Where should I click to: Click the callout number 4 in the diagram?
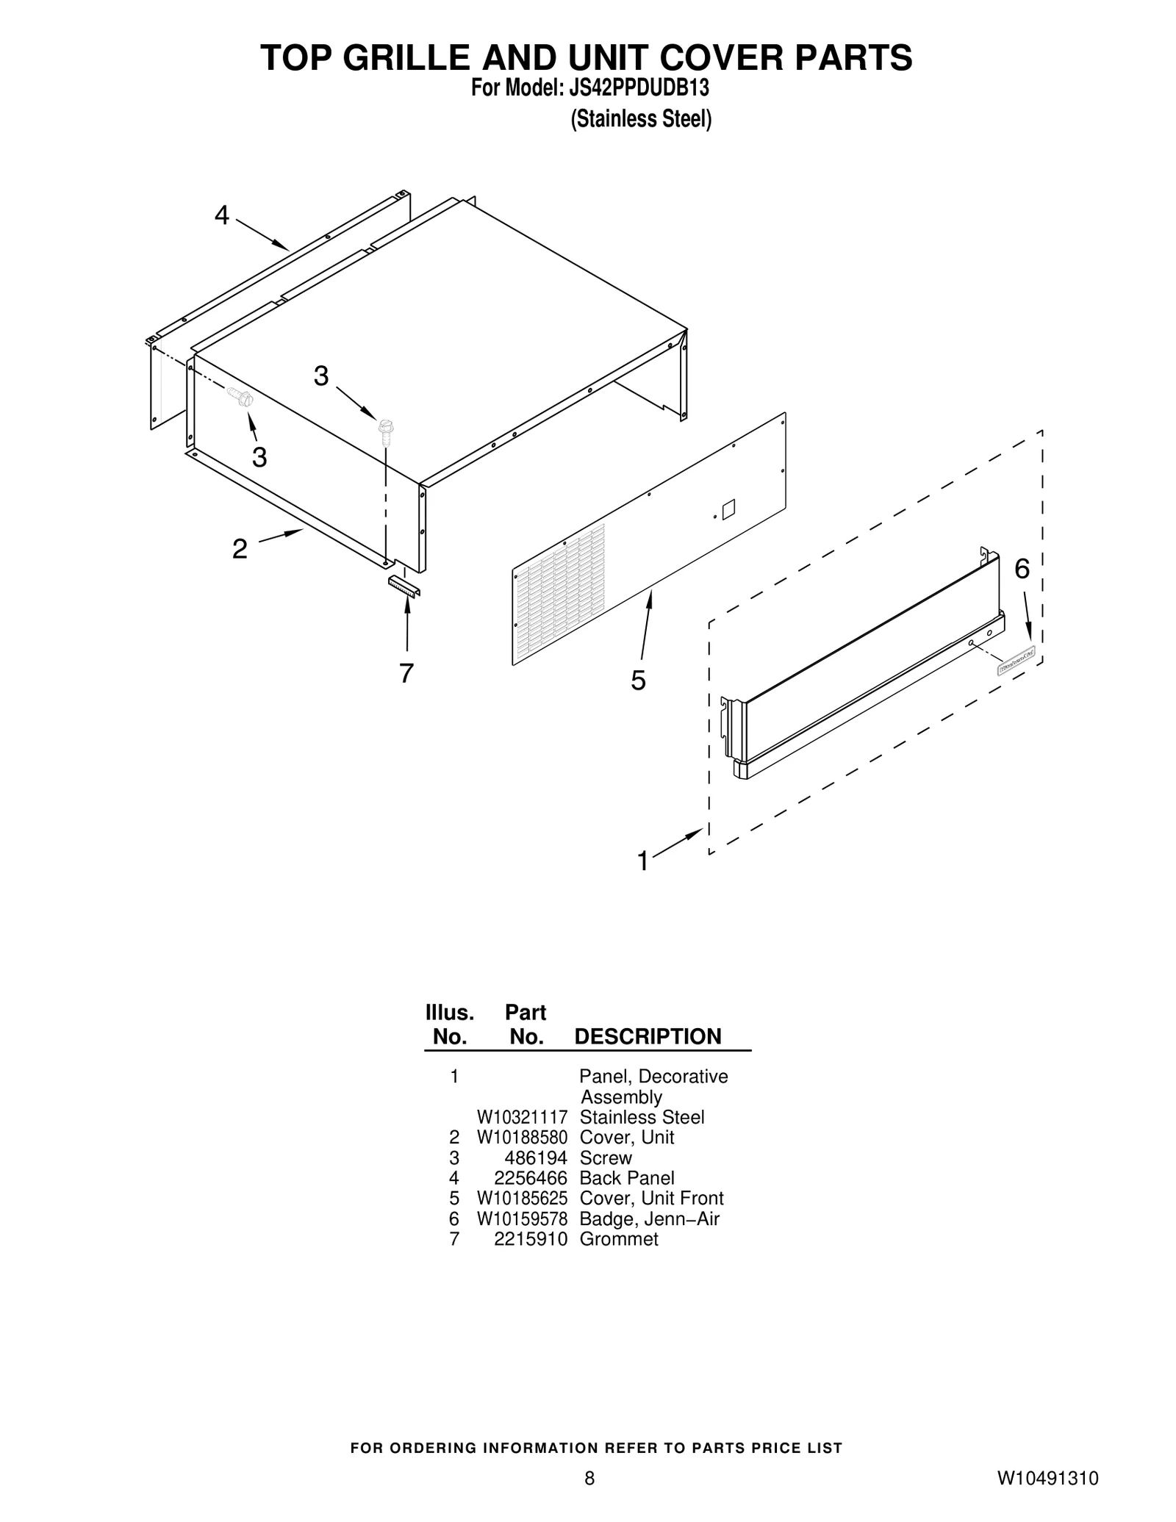point(221,215)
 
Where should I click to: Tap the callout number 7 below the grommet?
point(406,672)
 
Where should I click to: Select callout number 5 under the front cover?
point(638,681)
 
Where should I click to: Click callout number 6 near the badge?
point(1022,568)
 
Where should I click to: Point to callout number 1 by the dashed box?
point(643,861)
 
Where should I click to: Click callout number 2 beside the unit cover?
point(240,548)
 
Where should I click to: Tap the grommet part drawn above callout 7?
point(404,586)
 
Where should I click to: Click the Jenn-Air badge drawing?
point(1016,659)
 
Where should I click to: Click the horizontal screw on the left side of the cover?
point(240,396)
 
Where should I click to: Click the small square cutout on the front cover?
point(728,509)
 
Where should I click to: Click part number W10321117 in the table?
point(522,1117)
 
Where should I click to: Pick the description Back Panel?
point(626,1178)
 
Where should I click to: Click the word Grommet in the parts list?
point(618,1239)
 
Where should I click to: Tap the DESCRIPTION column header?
point(647,1036)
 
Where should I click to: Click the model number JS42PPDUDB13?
point(639,88)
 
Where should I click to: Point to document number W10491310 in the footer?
point(1047,1478)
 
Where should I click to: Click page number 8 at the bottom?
point(589,1478)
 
